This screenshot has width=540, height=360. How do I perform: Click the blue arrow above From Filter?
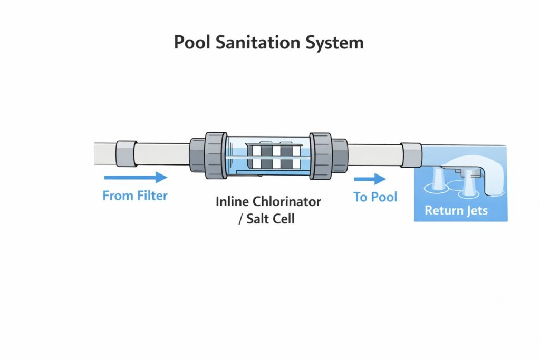(x=136, y=178)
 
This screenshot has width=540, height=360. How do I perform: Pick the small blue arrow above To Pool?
(x=373, y=179)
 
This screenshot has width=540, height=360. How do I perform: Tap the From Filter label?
(x=135, y=196)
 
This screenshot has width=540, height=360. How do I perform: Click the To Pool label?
(x=375, y=197)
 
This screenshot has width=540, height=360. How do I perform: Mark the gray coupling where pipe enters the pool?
(x=411, y=155)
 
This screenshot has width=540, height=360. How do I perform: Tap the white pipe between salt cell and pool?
(x=373, y=156)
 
